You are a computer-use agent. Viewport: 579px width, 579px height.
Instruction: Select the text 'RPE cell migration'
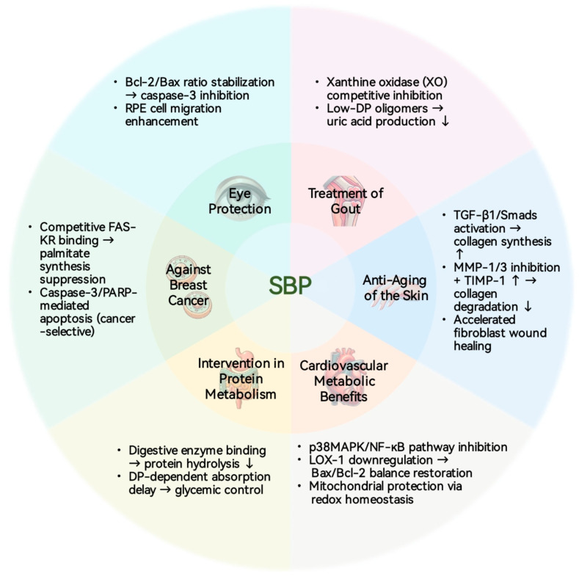pyautogui.click(x=172, y=108)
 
